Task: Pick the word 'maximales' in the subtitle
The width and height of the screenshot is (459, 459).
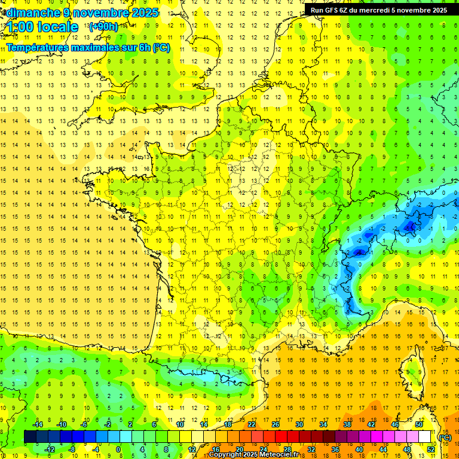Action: click(98, 48)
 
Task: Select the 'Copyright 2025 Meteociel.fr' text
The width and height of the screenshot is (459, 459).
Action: click(253, 455)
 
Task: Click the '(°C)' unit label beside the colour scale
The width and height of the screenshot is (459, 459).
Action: click(445, 437)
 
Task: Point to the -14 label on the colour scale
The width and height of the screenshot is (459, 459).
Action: click(38, 424)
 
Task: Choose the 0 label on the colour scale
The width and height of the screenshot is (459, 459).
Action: click(118, 449)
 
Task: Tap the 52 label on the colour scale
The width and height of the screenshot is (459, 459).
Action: click(430, 449)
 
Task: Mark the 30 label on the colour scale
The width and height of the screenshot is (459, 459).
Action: click(299, 424)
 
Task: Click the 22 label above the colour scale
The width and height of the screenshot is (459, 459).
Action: click(252, 424)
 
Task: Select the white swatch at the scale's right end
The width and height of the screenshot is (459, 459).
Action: click(425, 437)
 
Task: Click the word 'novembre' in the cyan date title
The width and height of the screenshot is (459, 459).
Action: click(101, 13)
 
